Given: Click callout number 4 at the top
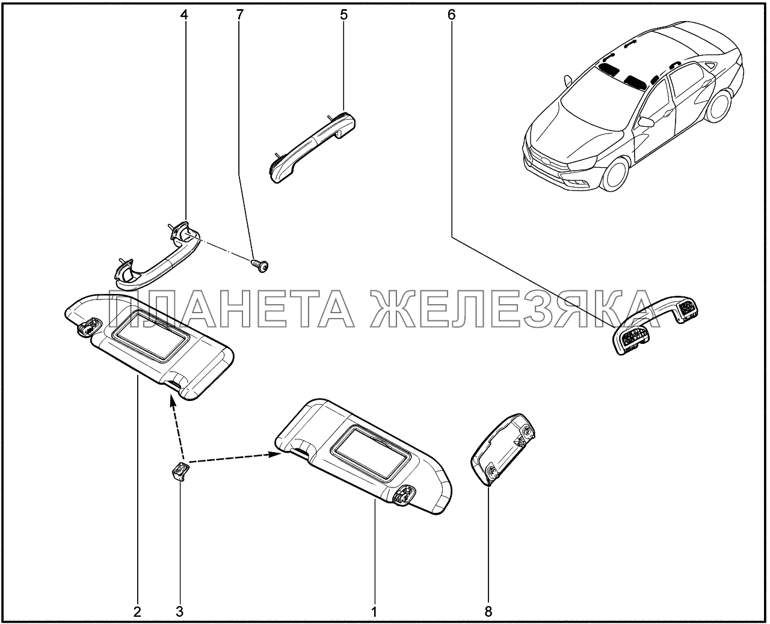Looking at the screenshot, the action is (184, 15).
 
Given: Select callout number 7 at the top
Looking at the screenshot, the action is (239, 15).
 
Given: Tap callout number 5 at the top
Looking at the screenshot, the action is (343, 15).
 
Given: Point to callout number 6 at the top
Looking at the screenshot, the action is (451, 15).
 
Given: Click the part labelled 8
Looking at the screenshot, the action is (502, 449).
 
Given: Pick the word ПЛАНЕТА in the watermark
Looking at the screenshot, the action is (232, 309).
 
